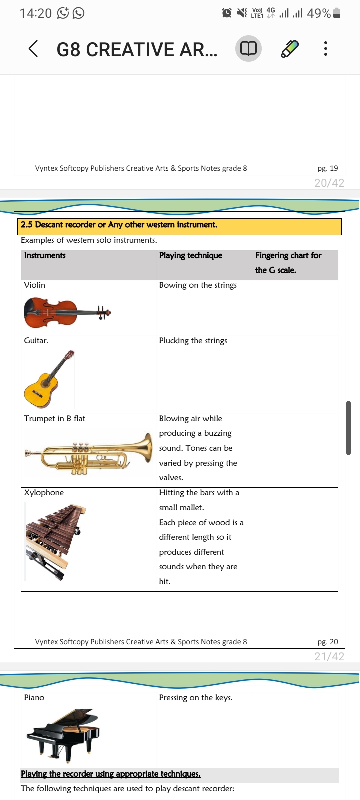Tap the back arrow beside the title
(x=33, y=49)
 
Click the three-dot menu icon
(x=325, y=49)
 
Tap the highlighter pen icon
(x=289, y=49)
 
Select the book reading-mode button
(x=248, y=49)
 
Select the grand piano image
(x=64, y=732)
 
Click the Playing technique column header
(x=191, y=255)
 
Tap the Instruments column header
(x=45, y=255)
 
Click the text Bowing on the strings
(x=198, y=285)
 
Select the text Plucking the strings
(x=193, y=341)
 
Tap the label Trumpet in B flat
(x=55, y=419)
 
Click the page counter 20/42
(x=329, y=183)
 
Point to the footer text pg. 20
(x=328, y=642)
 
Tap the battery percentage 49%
(x=319, y=13)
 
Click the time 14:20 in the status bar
(x=36, y=13)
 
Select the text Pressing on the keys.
(x=196, y=698)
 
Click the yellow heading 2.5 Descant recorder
(x=119, y=225)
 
